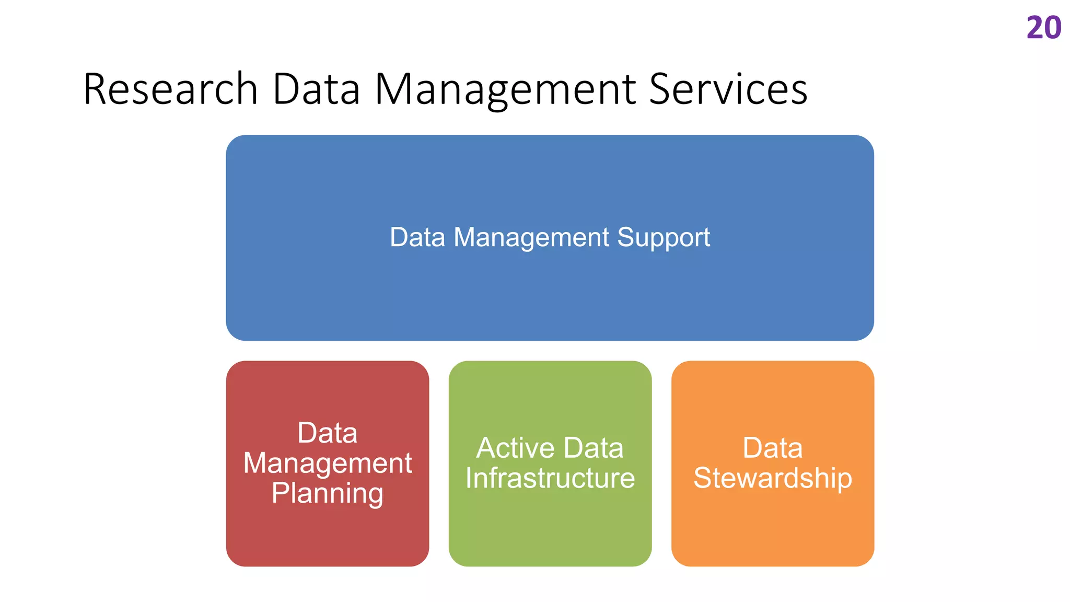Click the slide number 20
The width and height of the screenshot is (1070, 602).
1043,28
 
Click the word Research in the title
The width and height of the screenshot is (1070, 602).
170,89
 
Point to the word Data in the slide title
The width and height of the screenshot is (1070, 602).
316,89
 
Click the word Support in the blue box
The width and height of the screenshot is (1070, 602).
664,238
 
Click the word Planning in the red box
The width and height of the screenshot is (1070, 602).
328,494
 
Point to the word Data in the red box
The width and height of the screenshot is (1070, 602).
328,433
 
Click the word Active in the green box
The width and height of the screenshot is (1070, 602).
516,448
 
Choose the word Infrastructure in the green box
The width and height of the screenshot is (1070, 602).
550,478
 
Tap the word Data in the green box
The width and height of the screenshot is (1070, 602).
594,448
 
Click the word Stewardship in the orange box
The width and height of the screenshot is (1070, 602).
773,479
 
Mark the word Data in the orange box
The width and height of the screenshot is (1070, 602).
773,448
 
